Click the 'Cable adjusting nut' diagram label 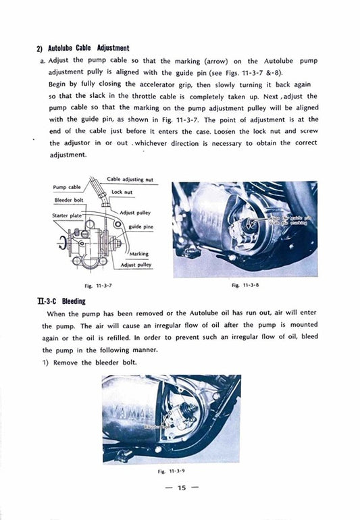[x=130, y=180]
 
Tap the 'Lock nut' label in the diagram [x=122, y=192]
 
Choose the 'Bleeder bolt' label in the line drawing [x=68, y=201]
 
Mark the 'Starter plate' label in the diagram [x=66, y=215]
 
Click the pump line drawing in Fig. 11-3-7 [x=88, y=233]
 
